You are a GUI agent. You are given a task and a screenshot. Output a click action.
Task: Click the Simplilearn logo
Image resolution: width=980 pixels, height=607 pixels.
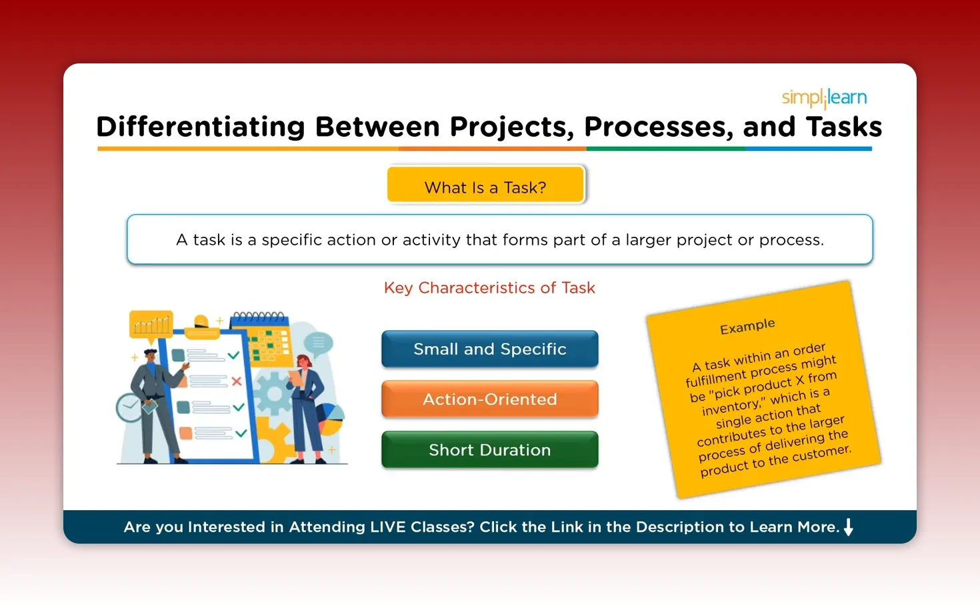pyautogui.click(x=824, y=98)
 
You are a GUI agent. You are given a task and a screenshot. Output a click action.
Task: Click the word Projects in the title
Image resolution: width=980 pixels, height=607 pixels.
pyautogui.click(x=511, y=127)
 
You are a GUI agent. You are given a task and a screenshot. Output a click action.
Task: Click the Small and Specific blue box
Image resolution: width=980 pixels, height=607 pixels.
pyautogui.click(x=489, y=349)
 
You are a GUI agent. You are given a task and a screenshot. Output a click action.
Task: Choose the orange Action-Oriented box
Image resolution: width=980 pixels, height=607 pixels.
pyautogui.click(x=489, y=399)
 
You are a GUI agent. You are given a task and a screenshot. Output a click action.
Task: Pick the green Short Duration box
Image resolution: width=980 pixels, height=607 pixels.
pyautogui.click(x=489, y=450)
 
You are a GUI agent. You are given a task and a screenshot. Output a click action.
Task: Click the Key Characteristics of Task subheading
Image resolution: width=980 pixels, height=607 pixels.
pyautogui.click(x=489, y=287)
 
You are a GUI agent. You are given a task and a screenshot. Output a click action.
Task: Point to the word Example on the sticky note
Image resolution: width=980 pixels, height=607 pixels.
pyautogui.click(x=747, y=326)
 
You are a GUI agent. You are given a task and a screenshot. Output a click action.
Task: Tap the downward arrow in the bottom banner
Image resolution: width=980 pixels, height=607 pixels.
pyautogui.click(x=848, y=527)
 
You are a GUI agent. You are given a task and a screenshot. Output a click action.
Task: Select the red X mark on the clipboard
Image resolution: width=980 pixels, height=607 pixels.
pyautogui.click(x=236, y=382)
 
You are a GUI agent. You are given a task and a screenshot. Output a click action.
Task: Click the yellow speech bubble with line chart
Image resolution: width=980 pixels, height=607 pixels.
pyautogui.click(x=151, y=324)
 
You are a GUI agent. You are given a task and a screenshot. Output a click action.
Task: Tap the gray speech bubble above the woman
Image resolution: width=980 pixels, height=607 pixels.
pyautogui.click(x=319, y=343)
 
